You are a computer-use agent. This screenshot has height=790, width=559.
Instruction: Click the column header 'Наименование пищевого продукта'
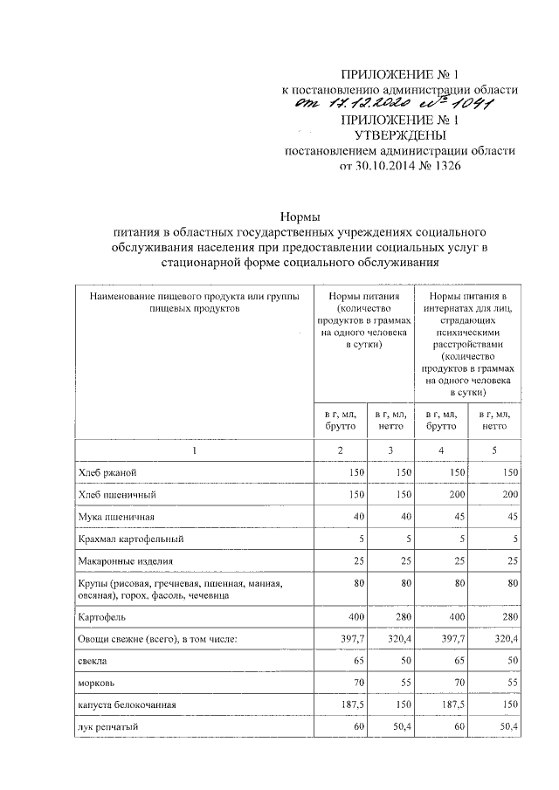point(194,303)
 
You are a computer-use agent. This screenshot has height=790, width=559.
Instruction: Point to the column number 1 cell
point(195,449)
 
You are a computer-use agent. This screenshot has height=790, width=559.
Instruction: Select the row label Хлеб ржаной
point(107,472)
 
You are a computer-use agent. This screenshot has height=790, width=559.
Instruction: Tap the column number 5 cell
point(493,449)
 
